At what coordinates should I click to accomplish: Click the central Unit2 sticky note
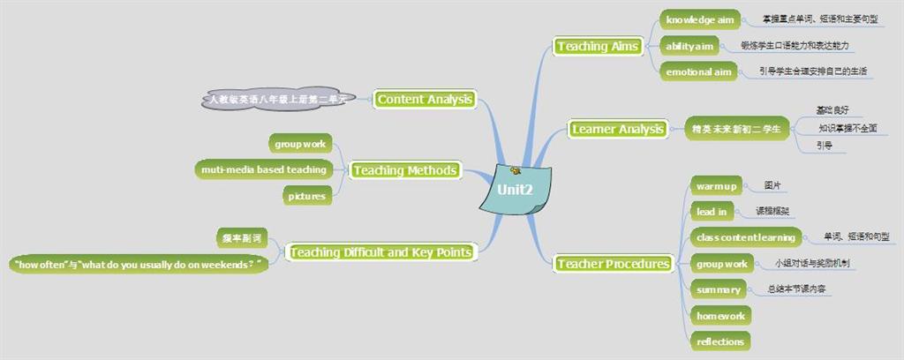[x=515, y=189]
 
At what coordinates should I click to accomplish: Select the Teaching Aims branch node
[x=597, y=46]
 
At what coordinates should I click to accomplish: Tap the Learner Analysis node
[x=617, y=130]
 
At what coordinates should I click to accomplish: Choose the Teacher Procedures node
[x=614, y=264]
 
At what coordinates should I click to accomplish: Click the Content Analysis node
[x=425, y=100]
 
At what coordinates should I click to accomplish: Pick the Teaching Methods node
[x=405, y=170]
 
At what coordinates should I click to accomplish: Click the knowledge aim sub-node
[x=700, y=19]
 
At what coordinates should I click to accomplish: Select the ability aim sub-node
[x=689, y=46]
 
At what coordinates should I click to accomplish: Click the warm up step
[x=716, y=186]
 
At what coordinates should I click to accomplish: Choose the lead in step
[x=712, y=212]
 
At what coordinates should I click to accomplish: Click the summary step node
[x=718, y=289]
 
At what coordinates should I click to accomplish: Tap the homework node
[x=720, y=315]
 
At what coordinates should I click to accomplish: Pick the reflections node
[x=720, y=341]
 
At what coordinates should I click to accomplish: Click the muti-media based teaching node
[x=263, y=169]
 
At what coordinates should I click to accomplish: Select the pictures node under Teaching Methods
[x=307, y=196]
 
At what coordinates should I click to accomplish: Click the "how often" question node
[x=139, y=264]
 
